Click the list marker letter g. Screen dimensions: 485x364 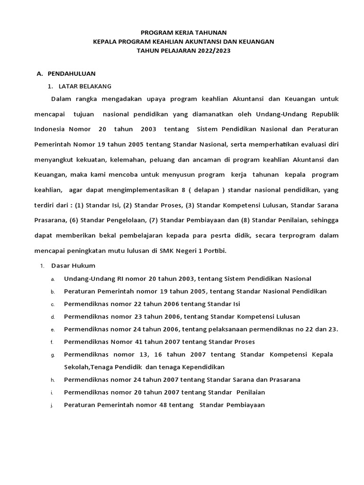[x=53, y=355]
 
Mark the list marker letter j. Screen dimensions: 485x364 [x=53, y=406]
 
